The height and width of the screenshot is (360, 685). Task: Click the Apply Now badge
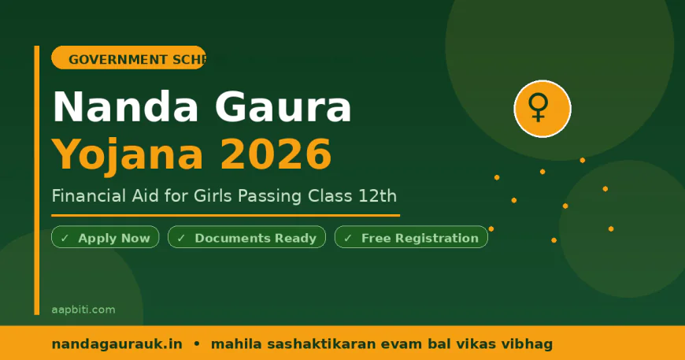tap(106, 238)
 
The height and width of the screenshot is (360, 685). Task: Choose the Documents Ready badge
tap(246, 238)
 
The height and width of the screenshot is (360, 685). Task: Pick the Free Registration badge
tap(411, 238)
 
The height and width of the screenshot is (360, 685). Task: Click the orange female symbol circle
tap(542, 109)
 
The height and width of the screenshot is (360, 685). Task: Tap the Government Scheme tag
tap(128, 59)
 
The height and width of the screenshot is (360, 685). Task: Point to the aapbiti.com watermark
tap(83, 310)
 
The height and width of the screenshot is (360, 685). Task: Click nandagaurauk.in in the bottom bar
tap(117, 344)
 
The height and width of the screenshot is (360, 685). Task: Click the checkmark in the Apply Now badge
tap(65, 238)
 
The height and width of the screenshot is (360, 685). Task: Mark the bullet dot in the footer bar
tap(197, 344)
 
